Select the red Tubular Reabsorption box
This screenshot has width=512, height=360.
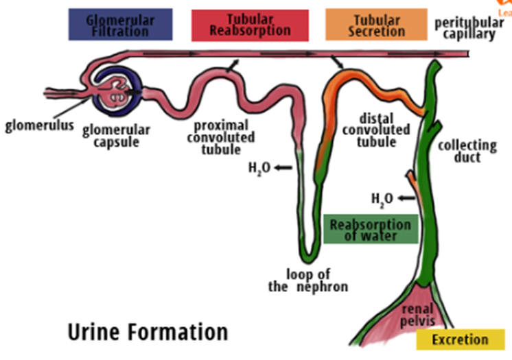point(250,25)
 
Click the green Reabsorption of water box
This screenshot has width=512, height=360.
point(370,230)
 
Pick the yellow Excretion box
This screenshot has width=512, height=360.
point(460,339)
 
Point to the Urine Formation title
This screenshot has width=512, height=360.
point(148,333)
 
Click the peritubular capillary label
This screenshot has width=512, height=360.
point(465,28)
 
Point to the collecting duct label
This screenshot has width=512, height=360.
point(467,151)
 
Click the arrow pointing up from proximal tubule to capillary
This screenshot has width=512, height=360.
point(236,64)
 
